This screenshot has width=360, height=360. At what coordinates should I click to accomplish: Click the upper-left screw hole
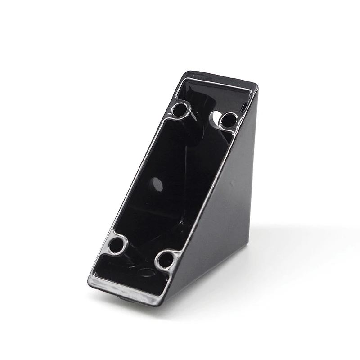(x=180, y=110)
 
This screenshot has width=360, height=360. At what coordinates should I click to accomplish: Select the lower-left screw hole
(x=117, y=245)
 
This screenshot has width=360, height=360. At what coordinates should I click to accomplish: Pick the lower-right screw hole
(x=166, y=260)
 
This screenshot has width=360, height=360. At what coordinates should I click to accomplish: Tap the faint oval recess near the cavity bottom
(x=146, y=272)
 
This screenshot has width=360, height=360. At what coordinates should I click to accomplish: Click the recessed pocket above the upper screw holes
(x=211, y=97)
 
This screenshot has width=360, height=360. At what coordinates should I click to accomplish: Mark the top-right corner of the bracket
(x=257, y=85)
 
